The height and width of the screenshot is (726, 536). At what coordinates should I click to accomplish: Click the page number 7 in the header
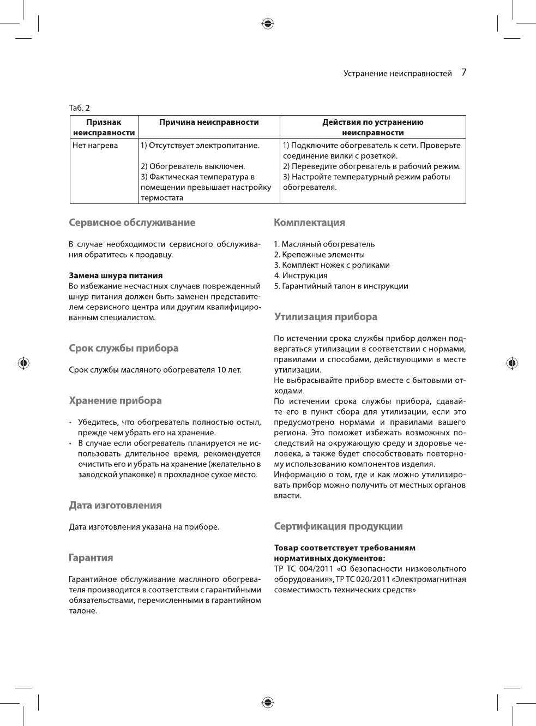tap(463, 72)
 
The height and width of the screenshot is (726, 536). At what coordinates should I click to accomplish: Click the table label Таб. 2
tap(80, 107)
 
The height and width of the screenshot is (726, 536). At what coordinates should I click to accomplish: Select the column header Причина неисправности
tap(209, 122)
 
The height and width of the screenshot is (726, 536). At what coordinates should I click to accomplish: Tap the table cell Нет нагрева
tap(95, 145)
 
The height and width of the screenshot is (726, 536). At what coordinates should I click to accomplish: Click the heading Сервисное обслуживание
tap(132, 223)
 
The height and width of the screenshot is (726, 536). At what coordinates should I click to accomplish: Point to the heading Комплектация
tap(309, 223)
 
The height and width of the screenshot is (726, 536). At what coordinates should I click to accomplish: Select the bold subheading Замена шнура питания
tap(116, 275)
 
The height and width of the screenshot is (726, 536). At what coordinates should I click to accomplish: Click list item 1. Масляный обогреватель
tap(324, 244)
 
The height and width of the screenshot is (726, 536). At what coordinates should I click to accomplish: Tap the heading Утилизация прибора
tap(326, 317)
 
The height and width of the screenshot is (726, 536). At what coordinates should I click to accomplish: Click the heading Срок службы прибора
tap(124, 349)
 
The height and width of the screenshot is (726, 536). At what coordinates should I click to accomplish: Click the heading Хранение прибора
tap(115, 401)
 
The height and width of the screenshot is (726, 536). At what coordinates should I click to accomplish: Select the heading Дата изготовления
tap(115, 506)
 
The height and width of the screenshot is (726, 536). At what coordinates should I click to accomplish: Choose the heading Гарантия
tap(91, 558)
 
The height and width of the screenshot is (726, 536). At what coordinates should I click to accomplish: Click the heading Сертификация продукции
tap(338, 526)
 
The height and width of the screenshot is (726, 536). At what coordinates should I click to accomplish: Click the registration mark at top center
tap(267, 23)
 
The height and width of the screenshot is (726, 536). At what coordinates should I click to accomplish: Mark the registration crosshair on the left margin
tap(23, 363)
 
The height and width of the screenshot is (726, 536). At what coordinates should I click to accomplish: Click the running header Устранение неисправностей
tap(398, 73)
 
